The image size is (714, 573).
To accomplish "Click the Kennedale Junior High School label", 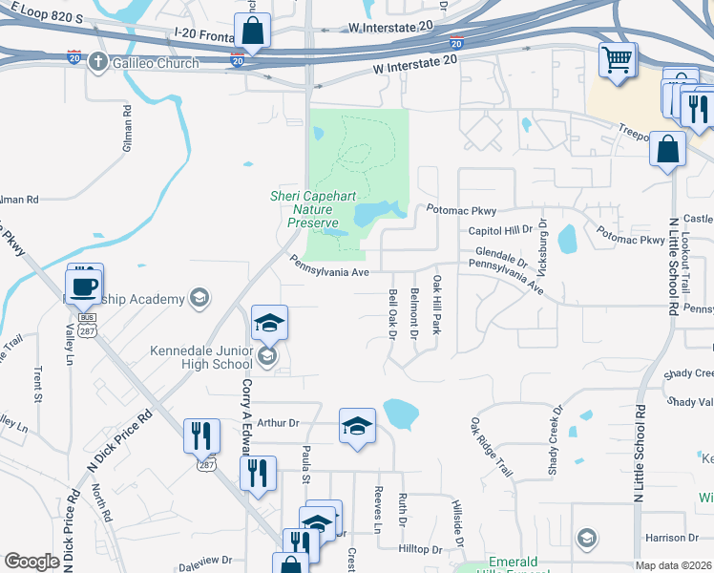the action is (201, 356).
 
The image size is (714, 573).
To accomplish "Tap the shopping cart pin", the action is (618, 61).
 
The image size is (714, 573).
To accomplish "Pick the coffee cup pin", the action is (83, 286).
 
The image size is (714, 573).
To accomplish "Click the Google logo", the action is (31, 562).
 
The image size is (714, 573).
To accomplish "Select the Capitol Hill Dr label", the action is (499, 230).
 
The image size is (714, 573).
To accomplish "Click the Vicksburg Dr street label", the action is (541, 235).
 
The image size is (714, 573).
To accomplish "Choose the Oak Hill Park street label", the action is (436, 305).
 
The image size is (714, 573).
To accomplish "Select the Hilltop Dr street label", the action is (420, 550).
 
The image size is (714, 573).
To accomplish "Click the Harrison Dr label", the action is (665, 538).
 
